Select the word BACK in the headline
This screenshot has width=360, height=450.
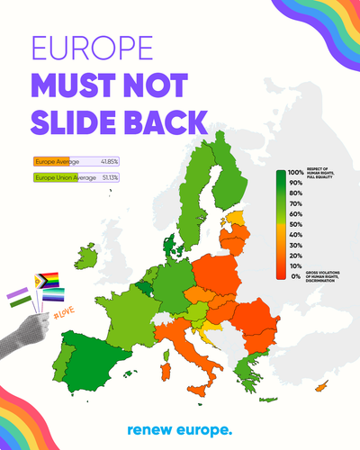click(x=165, y=121)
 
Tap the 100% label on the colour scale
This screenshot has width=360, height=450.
click(x=295, y=172)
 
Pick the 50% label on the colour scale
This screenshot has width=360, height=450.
click(x=295, y=224)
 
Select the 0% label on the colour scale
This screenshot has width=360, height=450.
click(x=296, y=276)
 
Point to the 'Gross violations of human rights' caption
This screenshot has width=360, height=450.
click(x=325, y=277)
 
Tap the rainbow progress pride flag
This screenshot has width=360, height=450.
click(x=46, y=281)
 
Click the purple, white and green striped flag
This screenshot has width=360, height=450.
click(x=18, y=298)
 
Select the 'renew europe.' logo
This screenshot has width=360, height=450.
click(x=180, y=430)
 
